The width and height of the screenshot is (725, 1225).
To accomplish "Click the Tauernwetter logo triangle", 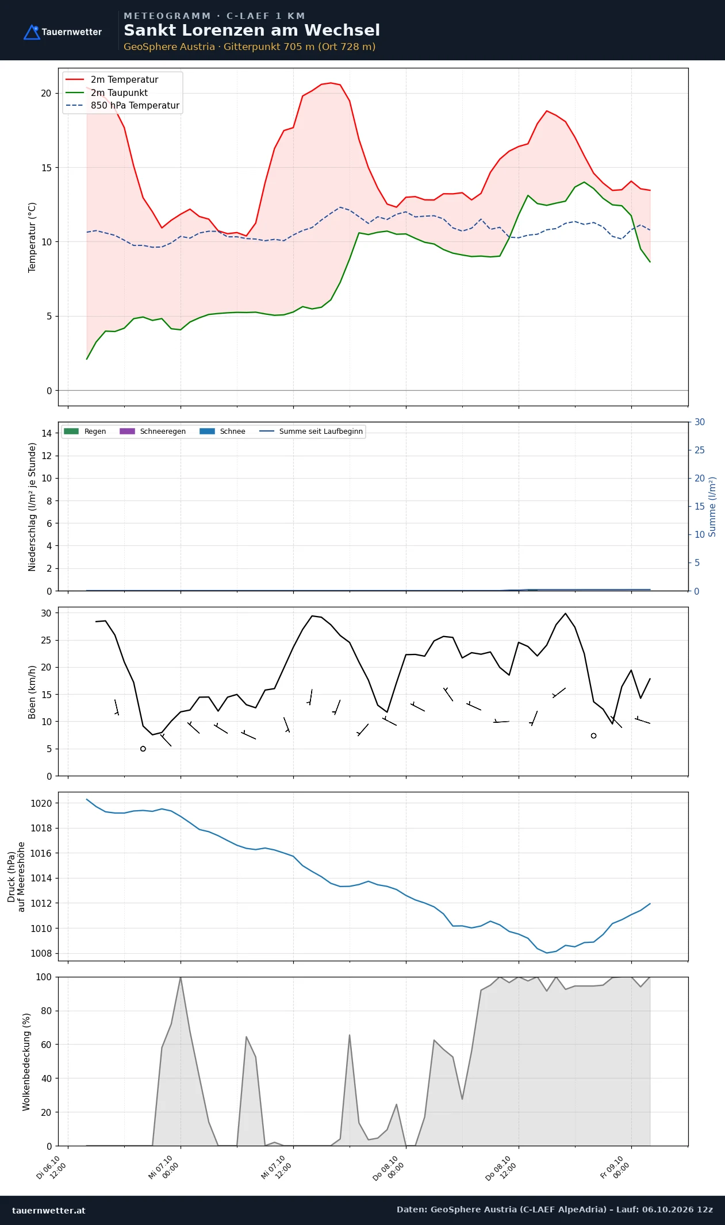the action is click(32, 32).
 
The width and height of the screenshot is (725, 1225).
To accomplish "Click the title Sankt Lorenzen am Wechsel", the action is click(252, 30).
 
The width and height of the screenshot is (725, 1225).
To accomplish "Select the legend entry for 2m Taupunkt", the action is click(107, 93).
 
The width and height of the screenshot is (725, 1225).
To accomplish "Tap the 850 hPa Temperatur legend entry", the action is click(122, 106).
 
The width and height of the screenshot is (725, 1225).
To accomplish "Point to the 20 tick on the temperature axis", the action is click(46, 93).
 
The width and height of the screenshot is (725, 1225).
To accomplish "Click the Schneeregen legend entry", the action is click(152, 432).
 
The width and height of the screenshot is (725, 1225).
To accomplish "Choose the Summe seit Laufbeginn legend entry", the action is click(311, 432).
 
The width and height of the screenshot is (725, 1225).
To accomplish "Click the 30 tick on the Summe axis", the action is click(700, 422).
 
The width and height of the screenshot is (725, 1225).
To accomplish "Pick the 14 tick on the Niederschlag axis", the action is click(47, 433).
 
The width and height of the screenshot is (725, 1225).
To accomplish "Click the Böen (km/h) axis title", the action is click(32, 692).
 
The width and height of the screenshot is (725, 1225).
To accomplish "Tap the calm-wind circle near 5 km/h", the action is click(143, 749).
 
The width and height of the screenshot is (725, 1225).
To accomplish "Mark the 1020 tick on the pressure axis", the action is click(41, 803).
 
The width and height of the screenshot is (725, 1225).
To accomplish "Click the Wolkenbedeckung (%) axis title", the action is click(26, 1062).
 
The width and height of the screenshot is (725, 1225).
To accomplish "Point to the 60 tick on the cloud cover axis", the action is click(47, 1045).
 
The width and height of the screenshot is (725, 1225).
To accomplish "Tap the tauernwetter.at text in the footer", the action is click(48, 1210).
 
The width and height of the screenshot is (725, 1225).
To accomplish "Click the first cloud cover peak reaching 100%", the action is click(181, 977).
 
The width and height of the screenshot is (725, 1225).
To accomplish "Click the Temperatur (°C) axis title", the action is click(32, 237).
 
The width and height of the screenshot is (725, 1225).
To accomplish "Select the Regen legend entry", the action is click(85, 432).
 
